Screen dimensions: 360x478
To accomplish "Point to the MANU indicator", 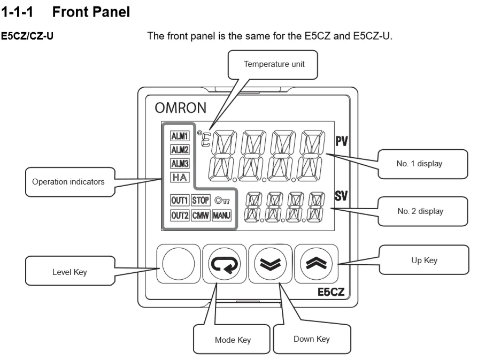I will (x=221, y=215).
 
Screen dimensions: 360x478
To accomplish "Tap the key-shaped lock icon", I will (x=222, y=201).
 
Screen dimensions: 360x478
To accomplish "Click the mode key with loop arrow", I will (x=223, y=265).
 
